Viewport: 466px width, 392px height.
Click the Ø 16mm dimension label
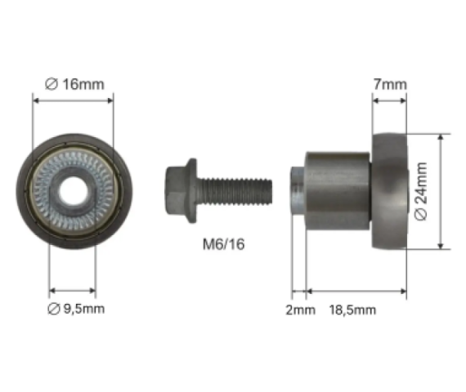coord(74,84)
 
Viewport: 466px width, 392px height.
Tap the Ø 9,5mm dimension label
coord(76,309)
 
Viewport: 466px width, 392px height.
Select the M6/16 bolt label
coord(224,244)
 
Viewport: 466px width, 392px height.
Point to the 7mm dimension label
coord(390,84)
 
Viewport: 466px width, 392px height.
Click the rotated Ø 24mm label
coord(421,192)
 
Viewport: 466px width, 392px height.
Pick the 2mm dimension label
coord(301,310)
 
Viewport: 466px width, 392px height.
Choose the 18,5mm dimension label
coord(352,310)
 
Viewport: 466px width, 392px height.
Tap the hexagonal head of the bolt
coord(175,190)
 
